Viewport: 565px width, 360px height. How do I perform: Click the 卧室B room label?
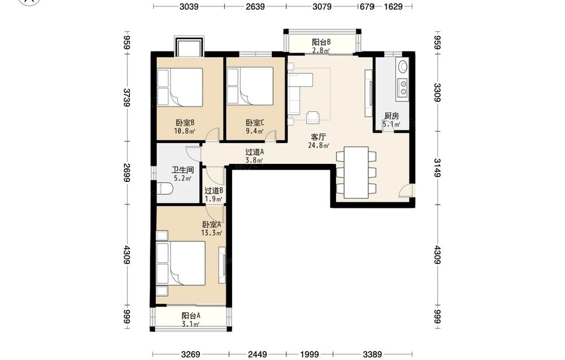pyautogui.click(x=185, y=123)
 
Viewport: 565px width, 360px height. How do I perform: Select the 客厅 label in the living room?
pyautogui.click(x=319, y=137)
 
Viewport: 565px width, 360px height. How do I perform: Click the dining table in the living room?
pyautogui.click(x=356, y=172)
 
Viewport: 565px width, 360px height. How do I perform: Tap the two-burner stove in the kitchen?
pyautogui.click(x=402, y=88)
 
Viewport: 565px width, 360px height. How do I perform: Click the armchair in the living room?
pyautogui.click(x=313, y=118)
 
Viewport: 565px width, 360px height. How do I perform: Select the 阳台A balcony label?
pyautogui.click(x=191, y=316)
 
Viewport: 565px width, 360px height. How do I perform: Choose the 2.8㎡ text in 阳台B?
pyautogui.click(x=321, y=50)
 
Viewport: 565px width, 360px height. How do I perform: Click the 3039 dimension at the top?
pyautogui.click(x=189, y=6)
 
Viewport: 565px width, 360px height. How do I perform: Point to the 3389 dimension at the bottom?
pyautogui.click(x=372, y=354)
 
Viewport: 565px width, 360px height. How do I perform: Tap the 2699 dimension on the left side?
pyautogui.click(x=127, y=172)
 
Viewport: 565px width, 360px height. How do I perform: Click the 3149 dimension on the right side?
pyautogui.click(x=437, y=168)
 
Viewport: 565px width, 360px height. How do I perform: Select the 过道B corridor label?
pyautogui.click(x=214, y=190)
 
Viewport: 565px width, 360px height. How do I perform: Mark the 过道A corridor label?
pyautogui.click(x=254, y=152)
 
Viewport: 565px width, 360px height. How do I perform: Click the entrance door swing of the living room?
pyautogui.click(x=405, y=190)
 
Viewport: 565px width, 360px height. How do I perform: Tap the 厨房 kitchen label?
pyautogui.click(x=392, y=116)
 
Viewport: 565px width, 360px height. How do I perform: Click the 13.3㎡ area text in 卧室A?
pyautogui.click(x=211, y=233)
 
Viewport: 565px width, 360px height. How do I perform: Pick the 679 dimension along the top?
pyautogui.click(x=367, y=6)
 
